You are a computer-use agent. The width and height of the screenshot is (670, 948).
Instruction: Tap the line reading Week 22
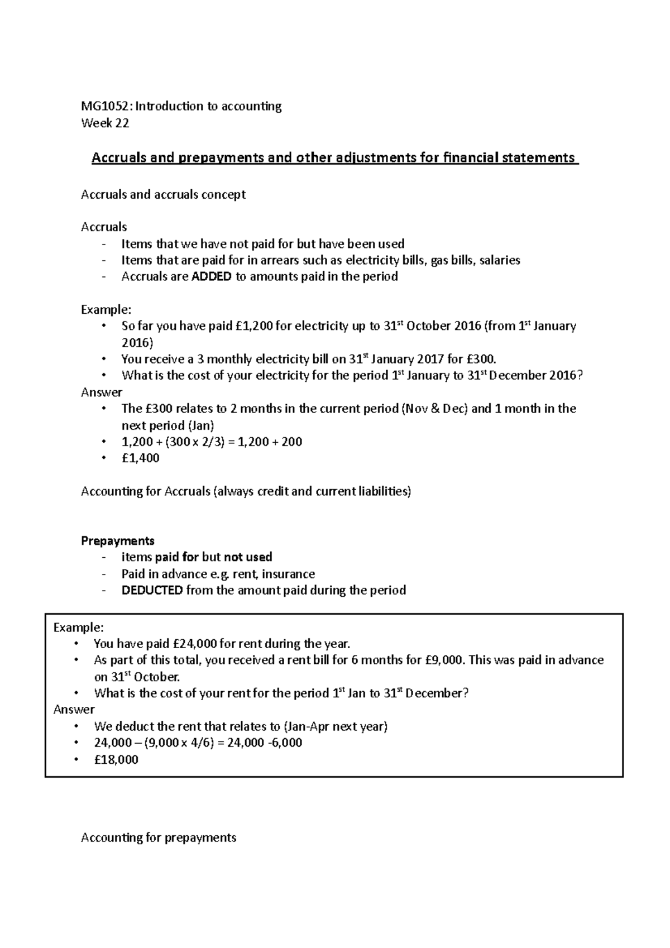(105, 123)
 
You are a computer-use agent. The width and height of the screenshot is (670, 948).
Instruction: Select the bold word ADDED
(211, 276)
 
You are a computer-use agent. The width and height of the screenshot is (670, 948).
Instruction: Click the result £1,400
(140, 458)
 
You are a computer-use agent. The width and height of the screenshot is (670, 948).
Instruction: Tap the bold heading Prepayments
(117, 541)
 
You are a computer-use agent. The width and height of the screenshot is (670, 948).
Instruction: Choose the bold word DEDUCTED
(152, 590)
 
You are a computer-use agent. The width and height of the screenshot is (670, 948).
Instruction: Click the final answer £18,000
(116, 760)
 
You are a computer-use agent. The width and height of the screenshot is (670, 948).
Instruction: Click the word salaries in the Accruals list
(500, 260)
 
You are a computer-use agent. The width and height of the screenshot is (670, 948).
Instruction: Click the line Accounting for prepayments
(159, 837)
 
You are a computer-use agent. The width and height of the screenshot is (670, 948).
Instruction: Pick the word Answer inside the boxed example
(74, 710)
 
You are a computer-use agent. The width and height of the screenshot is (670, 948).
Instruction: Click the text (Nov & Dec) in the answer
(434, 409)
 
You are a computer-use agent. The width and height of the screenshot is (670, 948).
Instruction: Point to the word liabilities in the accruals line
(383, 491)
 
